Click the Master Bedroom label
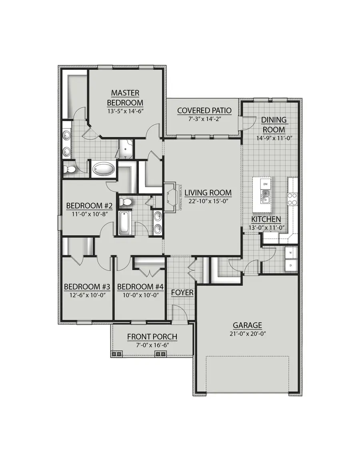point(125,97)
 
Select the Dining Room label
point(274,124)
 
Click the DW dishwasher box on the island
point(265,184)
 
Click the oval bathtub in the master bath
point(104,169)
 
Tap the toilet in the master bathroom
point(70,169)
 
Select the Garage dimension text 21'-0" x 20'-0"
point(248,333)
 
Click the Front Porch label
point(152,337)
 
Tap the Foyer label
point(182,293)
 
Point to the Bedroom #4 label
point(136,287)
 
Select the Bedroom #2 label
point(89,206)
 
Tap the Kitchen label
point(266,219)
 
